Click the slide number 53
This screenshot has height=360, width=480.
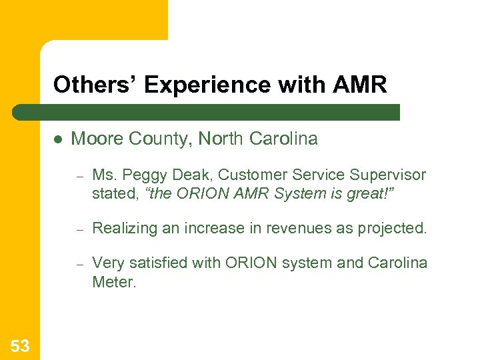[20, 345]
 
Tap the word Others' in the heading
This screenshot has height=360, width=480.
[95, 85]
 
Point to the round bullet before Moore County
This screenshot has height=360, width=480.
[58, 139]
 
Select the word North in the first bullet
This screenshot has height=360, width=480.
[221, 139]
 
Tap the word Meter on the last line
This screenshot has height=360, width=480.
[113, 282]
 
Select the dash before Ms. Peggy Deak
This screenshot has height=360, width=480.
[78, 176]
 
